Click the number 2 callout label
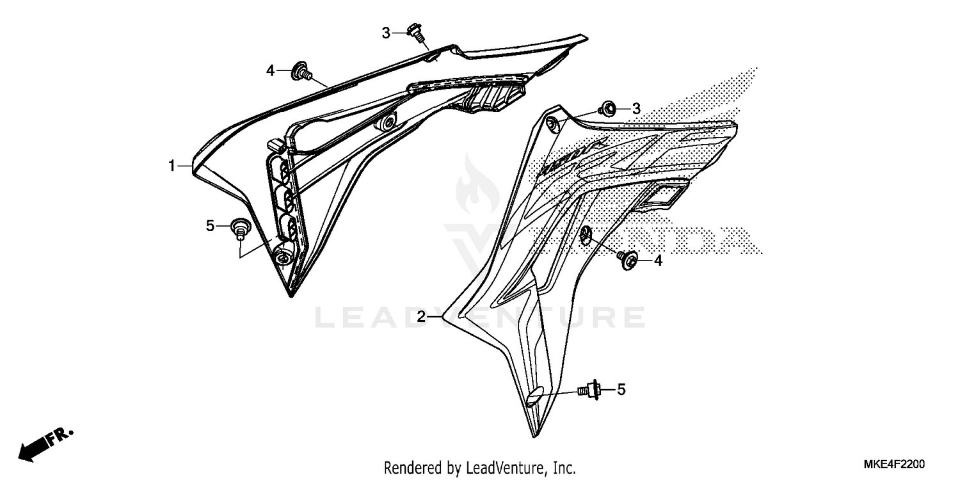pyautogui.click(x=421, y=316)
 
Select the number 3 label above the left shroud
pyautogui.click(x=386, y=33)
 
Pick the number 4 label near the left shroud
pyautogui.click(x=271, y=70)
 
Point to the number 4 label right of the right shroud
pyautogui.click(x=658, y=260)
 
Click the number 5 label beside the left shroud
pyautogui.click(x=210, y=226)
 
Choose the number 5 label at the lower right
pyautogui.click(x=621, y=389)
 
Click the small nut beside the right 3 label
pyautogui.click(x=608, y=111)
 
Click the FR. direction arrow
pyautogui.click(x=45, y=444)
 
